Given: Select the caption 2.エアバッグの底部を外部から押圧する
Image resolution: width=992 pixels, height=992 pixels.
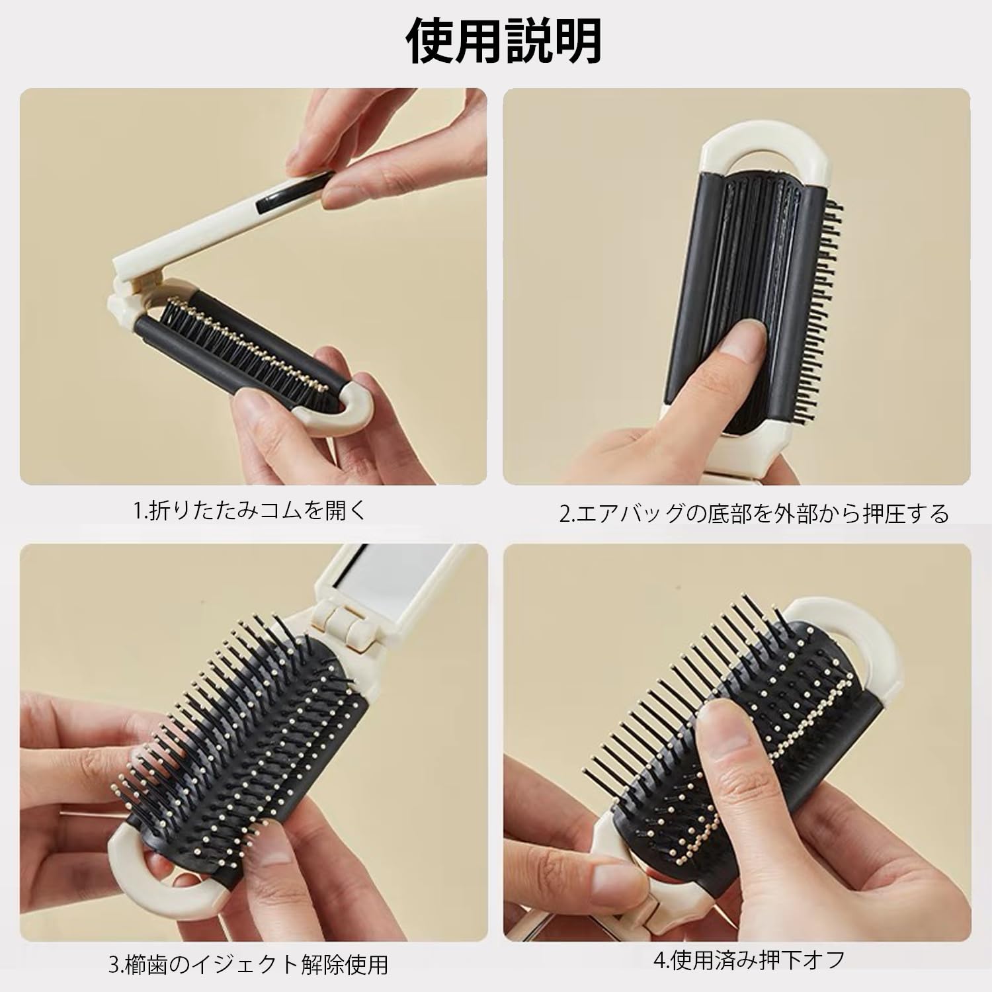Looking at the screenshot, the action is pos(755,514).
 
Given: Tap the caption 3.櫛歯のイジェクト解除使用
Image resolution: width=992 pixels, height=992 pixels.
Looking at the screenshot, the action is pos(249,964).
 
